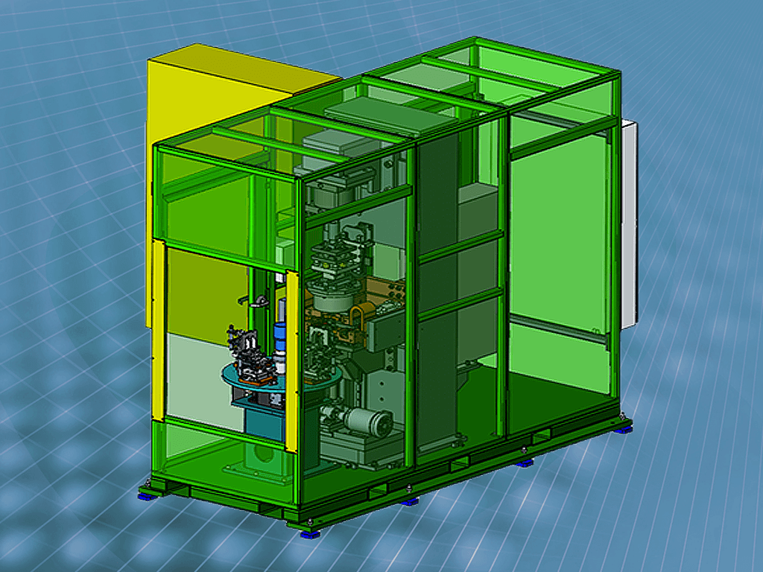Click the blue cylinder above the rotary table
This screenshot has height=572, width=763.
281,335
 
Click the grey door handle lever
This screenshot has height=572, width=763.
257,302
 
